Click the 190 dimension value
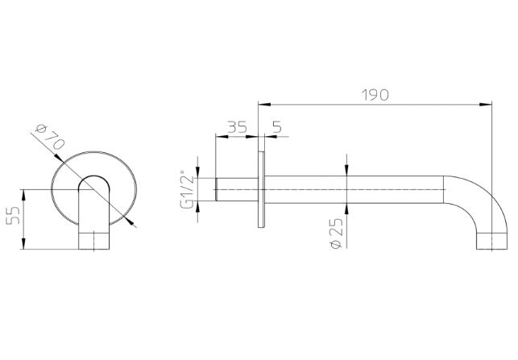coord(375,95)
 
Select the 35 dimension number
coord(237,126)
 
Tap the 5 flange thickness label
coord(277,126)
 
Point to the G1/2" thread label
coord(187,189)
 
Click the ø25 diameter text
coord(337,234)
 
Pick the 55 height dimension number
coord(14,215)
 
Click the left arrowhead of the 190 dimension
coord(264,105)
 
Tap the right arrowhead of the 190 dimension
coord(485,105)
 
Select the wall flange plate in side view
coord(261,189)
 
